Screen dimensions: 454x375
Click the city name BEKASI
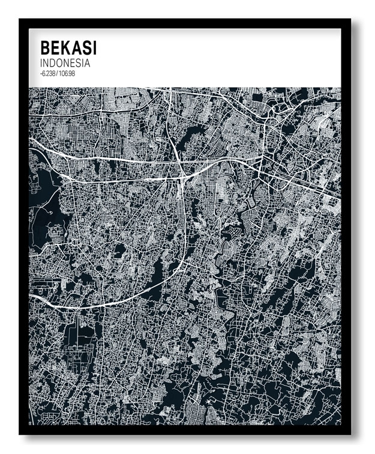pyautogui.click(x=68, y=47)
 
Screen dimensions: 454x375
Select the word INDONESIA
pyautogui.click(x=65, y=63)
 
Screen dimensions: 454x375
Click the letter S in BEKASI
pyautogui.click(x=85, y=47)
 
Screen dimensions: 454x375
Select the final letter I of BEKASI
pyautogui.click(x=94, y=47)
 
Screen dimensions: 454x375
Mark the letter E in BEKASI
pyautogui.click(x=55, y=47)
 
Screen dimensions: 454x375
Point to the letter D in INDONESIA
pyautogui.click(x=53, y=63)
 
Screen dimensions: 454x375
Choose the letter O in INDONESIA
pyautogui.click(x=61, y=63)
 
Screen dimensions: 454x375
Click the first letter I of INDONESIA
pyautogui.click(x=41, y=63)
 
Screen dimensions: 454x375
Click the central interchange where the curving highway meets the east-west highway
pyautogui.click(x=182, y=178)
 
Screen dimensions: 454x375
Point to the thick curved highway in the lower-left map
pyautogui.click(x=120, y=298)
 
